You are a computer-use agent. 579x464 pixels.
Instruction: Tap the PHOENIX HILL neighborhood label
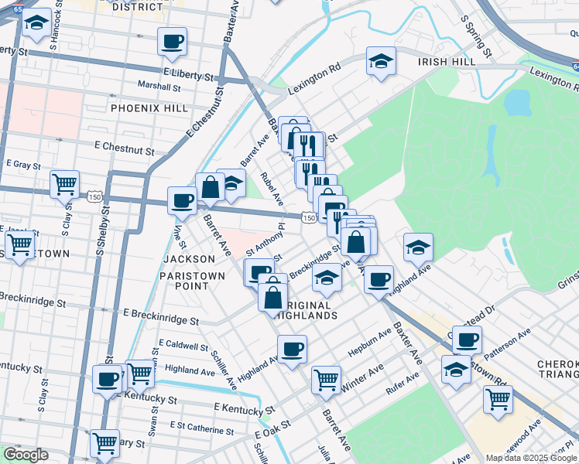(149, 108)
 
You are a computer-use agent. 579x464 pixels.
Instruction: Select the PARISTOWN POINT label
(192, 280)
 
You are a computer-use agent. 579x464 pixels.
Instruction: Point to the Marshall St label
(159, 86)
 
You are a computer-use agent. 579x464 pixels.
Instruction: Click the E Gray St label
(23, 164)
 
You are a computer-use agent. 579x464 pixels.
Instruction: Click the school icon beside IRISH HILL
(380, 63)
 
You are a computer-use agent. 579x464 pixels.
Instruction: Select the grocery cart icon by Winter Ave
(327, 380)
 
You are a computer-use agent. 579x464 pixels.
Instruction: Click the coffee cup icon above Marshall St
(172, 41)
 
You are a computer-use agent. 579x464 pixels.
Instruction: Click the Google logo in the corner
(26, 455)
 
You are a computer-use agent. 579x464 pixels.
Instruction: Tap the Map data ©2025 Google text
(531, 458)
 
